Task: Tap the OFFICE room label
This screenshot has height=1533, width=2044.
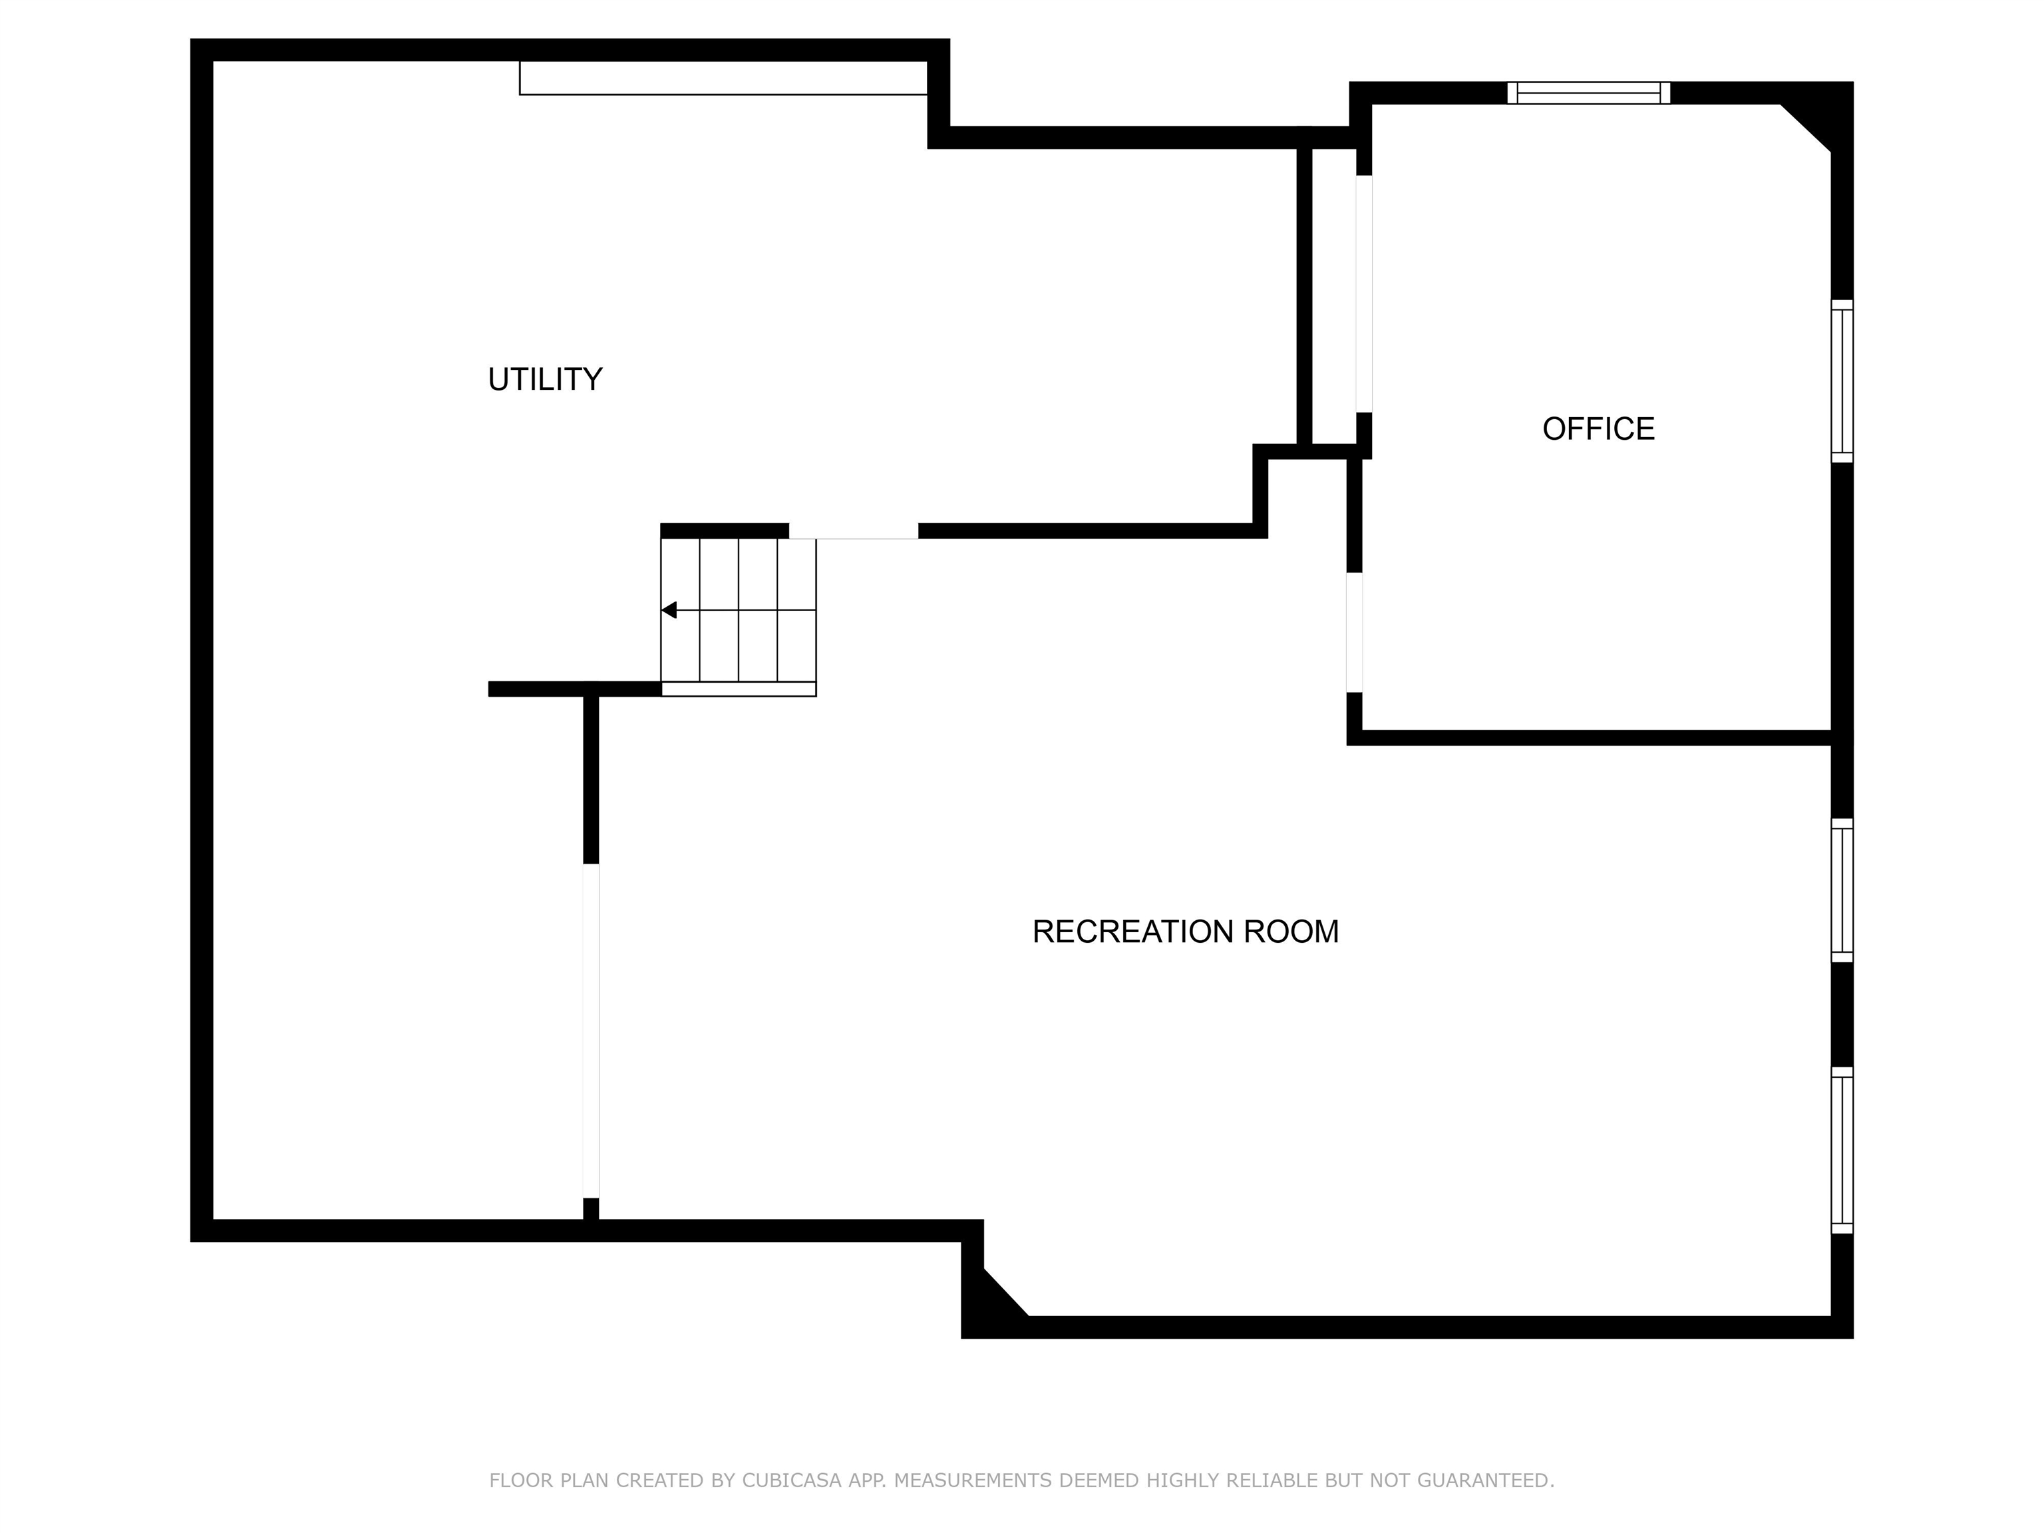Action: coord(1599,428)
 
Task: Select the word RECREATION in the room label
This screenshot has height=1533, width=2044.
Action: coord(1133,932)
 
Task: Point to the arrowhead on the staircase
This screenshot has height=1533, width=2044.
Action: coord(669,610)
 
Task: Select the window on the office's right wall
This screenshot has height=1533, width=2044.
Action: coord(1842,381)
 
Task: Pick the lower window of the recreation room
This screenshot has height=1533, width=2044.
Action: coord(1842,1150)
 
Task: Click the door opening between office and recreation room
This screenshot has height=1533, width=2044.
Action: coord(1355,632)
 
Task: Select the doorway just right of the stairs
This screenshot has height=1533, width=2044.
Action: coord(853,532)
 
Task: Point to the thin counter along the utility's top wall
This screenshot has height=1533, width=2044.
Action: coord(723,78)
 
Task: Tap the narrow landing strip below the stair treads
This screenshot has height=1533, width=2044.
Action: coord(739,689)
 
